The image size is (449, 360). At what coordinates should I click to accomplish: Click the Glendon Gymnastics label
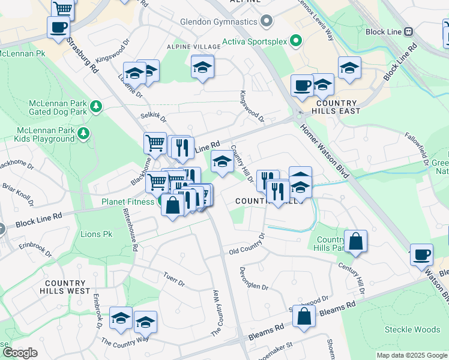point(218,22)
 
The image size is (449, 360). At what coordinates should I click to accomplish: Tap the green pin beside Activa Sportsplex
point(295,41)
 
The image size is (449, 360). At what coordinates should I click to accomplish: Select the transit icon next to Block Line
point(408,31)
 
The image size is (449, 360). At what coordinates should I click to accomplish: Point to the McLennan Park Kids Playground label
point(46,134)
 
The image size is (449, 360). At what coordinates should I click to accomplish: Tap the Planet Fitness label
point(127,202)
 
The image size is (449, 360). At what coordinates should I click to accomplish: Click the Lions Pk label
point(96,234)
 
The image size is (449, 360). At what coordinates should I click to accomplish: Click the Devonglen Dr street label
point(254,279)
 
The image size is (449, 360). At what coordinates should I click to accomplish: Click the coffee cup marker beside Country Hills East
point(301,85)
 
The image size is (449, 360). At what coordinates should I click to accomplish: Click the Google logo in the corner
point(20,353)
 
